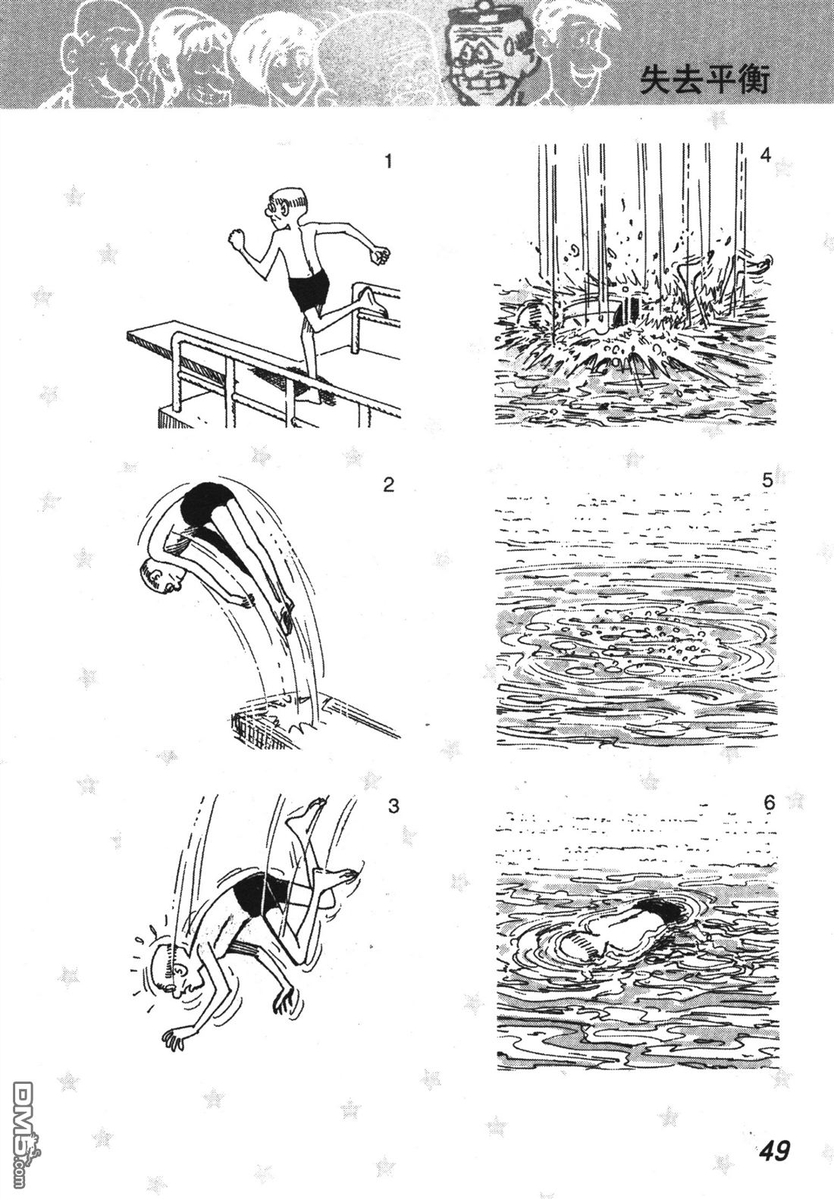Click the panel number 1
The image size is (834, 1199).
389,161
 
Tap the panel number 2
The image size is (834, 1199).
389,485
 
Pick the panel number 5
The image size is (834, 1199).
767,481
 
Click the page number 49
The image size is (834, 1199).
773,1146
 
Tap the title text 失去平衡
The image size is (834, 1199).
704,82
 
